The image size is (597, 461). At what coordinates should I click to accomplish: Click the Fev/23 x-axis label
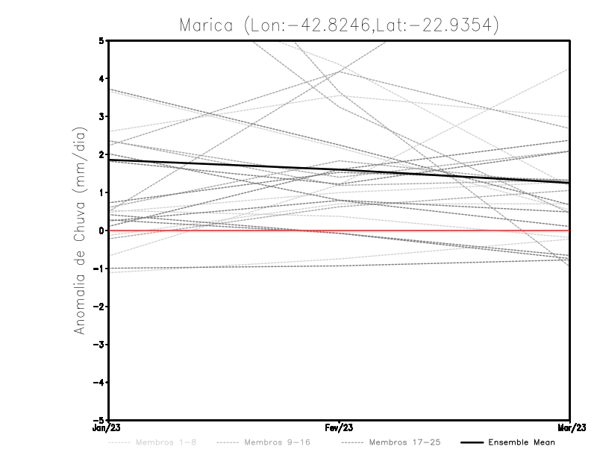click(x=339, y=428)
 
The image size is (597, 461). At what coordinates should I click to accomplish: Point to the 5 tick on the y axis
click(x=101, y=40)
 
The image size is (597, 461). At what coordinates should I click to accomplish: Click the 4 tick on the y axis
click(x=101, y=78)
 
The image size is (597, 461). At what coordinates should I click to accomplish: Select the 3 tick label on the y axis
click(x=101, y=116)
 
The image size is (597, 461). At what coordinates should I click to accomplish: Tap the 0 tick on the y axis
click(x=101, y=230)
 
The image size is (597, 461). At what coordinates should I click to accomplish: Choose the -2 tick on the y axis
click(x=99, y=307)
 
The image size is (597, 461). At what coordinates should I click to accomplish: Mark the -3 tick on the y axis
click(x=99, y=345)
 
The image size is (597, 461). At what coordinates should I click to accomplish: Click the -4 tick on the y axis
click(x=99, y=383)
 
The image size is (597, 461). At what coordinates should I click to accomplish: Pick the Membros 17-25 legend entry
click(x=404, y=442)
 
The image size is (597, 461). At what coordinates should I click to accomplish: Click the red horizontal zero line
click(x=448, y=230)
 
